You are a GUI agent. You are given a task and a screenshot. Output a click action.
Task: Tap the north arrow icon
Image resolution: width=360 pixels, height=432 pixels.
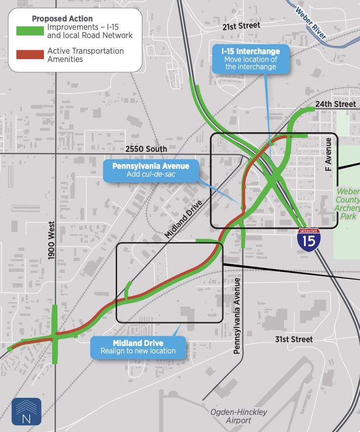[x=26, y=411]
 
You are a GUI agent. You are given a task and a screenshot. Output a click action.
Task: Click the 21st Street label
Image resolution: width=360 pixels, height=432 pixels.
[x=241, y=25]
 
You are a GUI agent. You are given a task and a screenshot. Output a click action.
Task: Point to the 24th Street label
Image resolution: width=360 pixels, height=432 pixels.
[x=336, y=104]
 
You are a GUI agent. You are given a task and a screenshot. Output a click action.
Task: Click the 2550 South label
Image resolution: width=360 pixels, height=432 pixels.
[x=146, y=148]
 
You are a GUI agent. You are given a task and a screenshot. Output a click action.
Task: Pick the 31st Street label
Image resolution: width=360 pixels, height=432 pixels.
[x=294, y=339]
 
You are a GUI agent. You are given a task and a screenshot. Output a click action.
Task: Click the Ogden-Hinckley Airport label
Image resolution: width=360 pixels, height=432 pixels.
[x=239, y=416]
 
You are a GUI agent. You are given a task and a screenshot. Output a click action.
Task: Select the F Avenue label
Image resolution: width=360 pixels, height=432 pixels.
[x=328, y=154]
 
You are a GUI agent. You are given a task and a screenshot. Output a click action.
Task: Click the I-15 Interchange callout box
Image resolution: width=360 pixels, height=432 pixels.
[x=250, y=59]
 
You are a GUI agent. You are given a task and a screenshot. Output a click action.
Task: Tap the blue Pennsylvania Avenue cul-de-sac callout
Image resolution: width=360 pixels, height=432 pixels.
[x=151, y=170]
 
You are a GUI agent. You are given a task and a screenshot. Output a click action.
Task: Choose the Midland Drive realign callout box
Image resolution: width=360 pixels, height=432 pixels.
[x=138, y=347]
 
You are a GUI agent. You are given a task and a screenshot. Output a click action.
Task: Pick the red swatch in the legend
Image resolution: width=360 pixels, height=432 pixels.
[x=30, y=55]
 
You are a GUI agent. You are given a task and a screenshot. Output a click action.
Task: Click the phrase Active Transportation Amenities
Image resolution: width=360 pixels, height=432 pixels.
[x=85, y=55]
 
